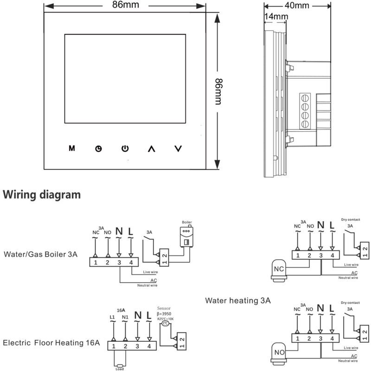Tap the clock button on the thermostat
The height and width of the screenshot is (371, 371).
click(98, 149)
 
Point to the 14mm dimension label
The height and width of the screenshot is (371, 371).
click(275, 16)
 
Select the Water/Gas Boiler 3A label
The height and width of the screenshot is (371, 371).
click(40, 254)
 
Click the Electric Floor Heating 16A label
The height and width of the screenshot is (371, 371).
click(51, 343)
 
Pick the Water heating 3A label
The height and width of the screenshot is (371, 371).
click(238, 301)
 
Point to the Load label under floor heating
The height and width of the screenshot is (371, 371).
click(120, 369)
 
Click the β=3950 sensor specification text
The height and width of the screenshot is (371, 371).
click(165, 313)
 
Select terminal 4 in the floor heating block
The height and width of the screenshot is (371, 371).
click(149, 346)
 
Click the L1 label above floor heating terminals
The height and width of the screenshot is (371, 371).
click(112, 317)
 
